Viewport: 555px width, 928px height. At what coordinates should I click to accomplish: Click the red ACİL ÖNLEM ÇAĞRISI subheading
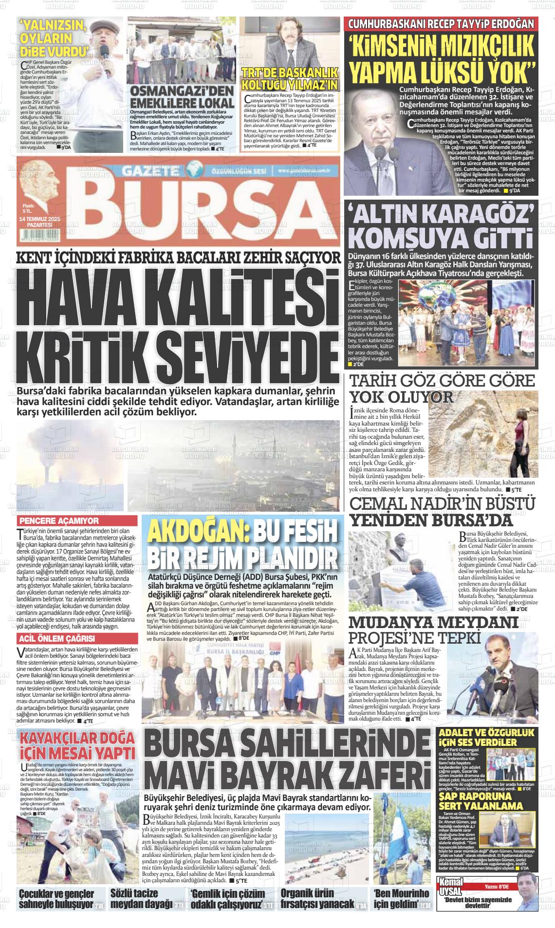(56, 638)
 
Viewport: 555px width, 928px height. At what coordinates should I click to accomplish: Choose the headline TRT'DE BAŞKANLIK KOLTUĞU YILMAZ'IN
(290, 79)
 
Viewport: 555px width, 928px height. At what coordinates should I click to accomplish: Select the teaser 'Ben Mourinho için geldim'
(402, 899)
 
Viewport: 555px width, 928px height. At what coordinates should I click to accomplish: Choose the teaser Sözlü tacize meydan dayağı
(142, 899)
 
